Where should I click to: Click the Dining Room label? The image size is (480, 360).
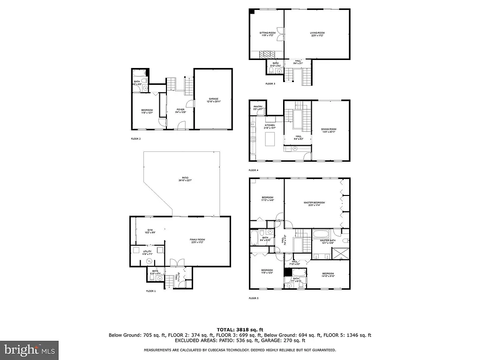coord(329,130)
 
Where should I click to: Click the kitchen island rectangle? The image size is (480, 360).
coord(270,139)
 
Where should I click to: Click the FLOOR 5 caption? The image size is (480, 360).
coord(253,298)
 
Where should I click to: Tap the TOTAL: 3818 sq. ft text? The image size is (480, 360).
coord(240,329)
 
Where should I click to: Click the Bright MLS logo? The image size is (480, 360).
coord(29,349)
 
